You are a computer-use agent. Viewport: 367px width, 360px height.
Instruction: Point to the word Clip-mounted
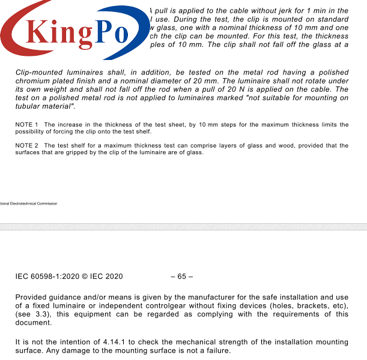tap(40, 73)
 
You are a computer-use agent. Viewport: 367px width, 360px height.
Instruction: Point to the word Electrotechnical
tap(23, 203)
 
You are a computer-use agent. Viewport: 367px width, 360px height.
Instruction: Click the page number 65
tap(181, 277)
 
